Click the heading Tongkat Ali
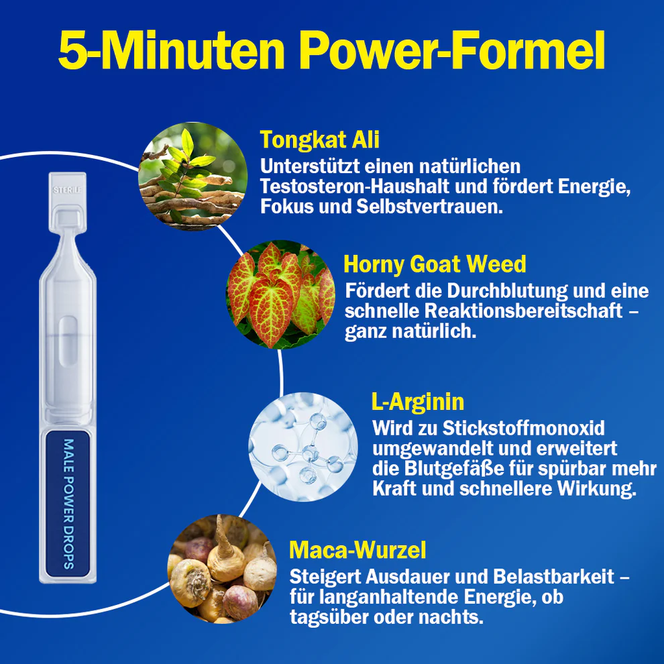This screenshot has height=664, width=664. point(320,140)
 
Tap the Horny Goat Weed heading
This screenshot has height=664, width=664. point(435,264)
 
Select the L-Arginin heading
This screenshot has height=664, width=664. point(418,402)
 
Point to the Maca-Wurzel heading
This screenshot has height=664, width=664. point(358,550)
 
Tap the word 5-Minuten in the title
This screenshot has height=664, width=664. point(172,50)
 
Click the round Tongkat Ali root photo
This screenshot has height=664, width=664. point(193,176)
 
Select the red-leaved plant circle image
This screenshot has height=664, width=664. point(281,294)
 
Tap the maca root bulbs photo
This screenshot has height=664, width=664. point(222,569)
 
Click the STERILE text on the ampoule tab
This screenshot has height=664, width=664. point(67,190)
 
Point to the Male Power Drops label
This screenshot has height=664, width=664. point(68,504)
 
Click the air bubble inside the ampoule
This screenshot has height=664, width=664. point(68,341)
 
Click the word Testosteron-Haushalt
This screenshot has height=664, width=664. point(354,186)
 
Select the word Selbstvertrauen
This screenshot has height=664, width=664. point(429,207)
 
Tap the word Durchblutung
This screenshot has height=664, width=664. point(507,291)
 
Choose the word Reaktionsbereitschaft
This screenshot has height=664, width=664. point(523,311)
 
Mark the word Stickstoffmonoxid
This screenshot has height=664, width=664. point(523,428)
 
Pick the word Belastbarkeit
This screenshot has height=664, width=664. point(553,577)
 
